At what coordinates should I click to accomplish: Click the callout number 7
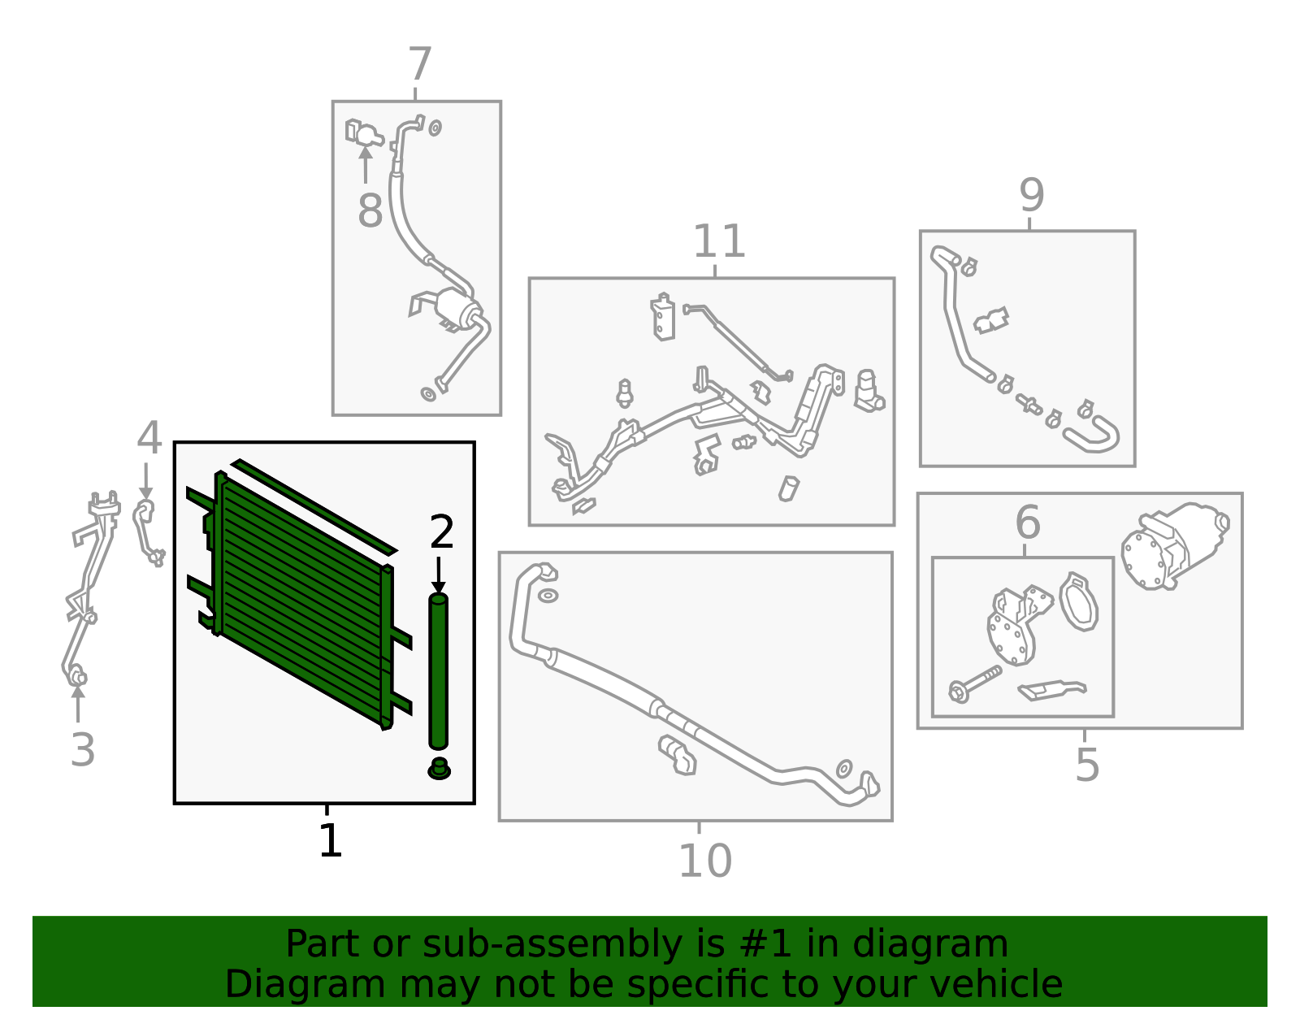(419, 65)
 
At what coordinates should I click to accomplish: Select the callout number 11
(718, 241)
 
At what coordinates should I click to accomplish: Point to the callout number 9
(1031, 195)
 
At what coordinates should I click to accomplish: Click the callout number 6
(1027, 522)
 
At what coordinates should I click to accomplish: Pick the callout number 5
(1086, 765)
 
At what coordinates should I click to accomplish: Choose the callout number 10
(704, 861)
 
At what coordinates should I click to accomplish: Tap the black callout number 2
(441, 532)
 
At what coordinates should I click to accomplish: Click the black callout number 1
(329, 841)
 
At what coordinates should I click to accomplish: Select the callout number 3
(82, 749)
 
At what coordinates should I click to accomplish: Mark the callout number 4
(149, 439)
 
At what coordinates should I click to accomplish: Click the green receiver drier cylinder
(438, 670)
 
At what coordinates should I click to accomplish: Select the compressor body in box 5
(1174, 544)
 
